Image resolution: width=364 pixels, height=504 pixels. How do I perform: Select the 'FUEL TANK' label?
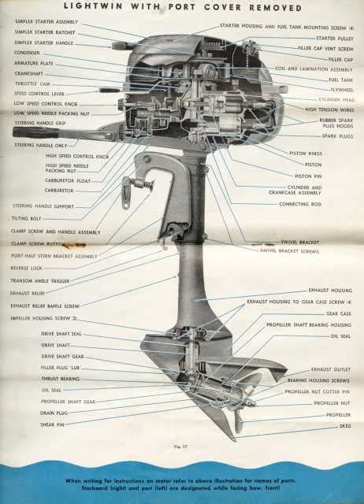pos(340,80)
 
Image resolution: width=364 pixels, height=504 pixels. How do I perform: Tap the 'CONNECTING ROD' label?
pos(300,204)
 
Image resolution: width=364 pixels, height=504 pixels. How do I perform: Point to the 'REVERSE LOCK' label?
pos(28,268)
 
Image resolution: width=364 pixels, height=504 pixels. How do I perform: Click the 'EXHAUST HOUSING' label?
pos(329,290)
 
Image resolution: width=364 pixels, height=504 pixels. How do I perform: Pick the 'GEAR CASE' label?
pos(338,313)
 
